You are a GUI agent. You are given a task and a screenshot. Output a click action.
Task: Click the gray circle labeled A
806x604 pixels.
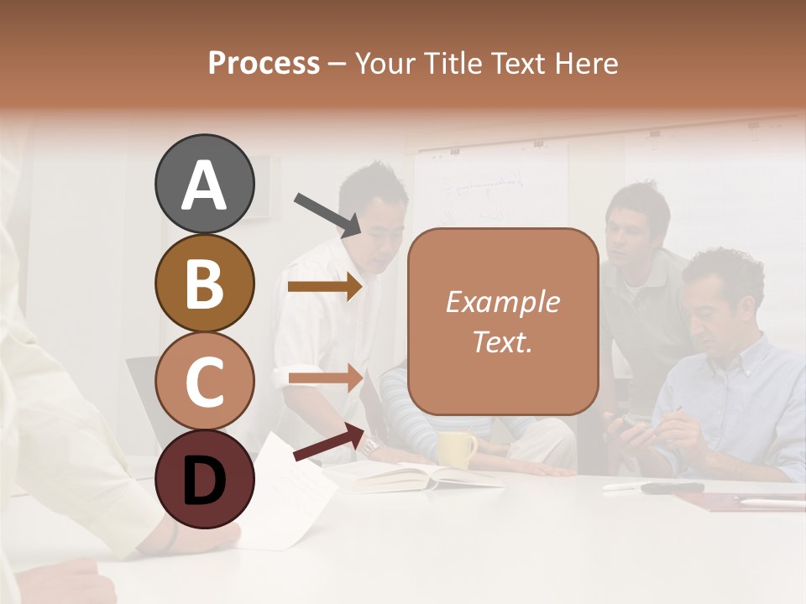pyautogui.click(x=204, y=185)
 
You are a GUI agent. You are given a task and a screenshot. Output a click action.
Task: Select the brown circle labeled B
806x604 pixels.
pyautogui.click(x=204, y=284)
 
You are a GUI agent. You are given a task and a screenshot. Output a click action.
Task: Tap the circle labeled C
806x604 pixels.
pyautogui.click(x=204, y=382)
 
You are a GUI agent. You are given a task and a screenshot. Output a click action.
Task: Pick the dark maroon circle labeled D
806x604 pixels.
pyautogui.click(x=204, y=480)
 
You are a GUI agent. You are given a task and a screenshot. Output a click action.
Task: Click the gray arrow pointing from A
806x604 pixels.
pyautogui.click(x=327, y=214)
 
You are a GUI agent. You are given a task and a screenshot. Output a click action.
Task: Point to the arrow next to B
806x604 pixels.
pyautogui.click(x=325, y=287)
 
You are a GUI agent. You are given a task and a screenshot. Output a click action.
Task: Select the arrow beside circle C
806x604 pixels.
pyautogui.click(x=325, y=377)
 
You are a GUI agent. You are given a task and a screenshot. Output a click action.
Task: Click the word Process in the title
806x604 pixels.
pyautogui.click(x=264, y=64)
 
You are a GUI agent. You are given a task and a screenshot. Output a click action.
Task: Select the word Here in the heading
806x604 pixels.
pyautogui.click(x=585, y=64)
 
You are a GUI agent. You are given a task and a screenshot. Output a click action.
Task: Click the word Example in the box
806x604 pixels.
pyautogui.click(x=502, y=302)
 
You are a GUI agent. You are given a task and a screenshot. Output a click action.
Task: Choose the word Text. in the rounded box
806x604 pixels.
pyautogui.click(x=502, y=341)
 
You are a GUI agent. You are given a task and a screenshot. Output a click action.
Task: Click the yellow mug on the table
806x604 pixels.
pyautogui.click(x=456, y=450)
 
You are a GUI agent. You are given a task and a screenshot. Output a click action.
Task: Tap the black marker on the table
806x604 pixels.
pyautogui.click(x=673, y=487)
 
